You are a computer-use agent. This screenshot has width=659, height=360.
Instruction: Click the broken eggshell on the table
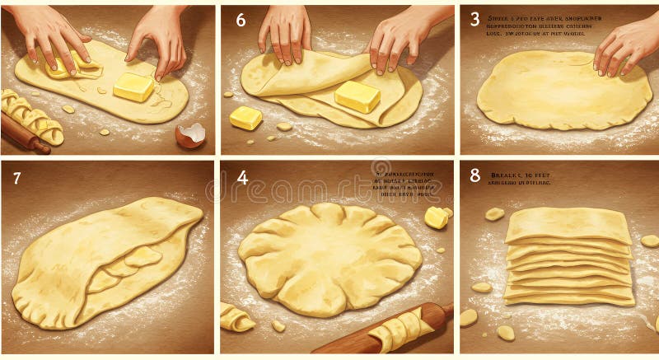coord(191,134)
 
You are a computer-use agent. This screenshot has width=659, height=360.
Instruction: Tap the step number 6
coord(241,20)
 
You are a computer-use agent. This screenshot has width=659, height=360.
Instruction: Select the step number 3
coord(474,19)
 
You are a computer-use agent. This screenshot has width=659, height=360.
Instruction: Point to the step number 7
coord(17,178)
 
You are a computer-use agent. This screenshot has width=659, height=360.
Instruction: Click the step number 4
coord(241,178)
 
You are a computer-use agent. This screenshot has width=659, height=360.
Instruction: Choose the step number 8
coord(474,175)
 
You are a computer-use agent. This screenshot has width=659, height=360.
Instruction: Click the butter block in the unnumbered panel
coord(133,86)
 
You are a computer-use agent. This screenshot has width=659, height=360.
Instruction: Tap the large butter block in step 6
coord(357,96)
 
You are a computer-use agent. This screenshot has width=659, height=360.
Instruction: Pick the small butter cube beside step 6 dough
coord(245,118)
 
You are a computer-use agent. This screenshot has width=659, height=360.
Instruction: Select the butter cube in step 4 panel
coord(437,217)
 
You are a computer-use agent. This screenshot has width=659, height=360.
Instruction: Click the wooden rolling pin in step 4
coord(387,330)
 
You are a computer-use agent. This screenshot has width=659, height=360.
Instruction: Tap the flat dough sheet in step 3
coord(552,91)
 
